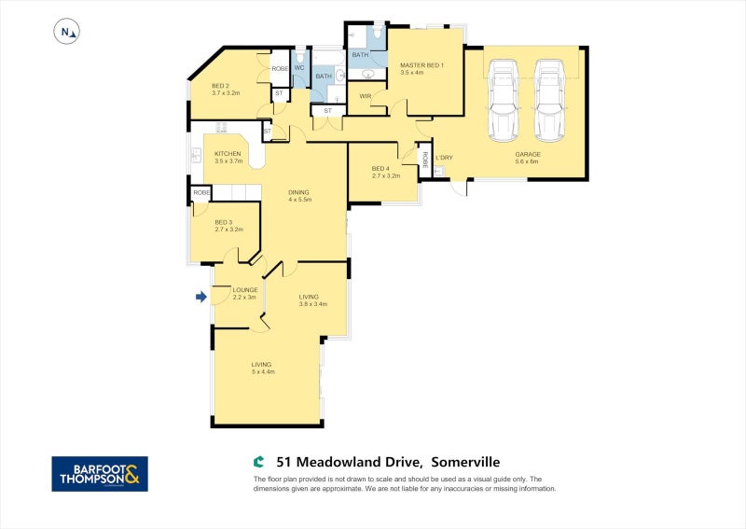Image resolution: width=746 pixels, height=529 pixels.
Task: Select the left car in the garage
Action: tap(504, 100)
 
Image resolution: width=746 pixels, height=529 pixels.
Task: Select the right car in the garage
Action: tap(549, 100)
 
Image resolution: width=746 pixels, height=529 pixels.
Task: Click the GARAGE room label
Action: tap(528, 155)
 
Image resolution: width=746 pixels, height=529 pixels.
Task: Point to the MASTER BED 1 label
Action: tap(422, 65)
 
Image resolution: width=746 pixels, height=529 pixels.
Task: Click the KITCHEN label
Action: tap(228, 154)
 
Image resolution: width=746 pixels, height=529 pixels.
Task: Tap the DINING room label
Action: tap(299, 192)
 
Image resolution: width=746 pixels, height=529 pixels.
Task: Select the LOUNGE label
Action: tap(233, 290)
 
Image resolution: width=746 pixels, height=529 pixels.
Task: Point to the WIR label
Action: tap(366, 95)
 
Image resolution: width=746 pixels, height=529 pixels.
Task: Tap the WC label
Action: tap(299, 68)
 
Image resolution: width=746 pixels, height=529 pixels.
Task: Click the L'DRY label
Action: tap(445, 157)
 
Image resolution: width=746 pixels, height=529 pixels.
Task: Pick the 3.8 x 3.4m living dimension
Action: tap(313, 304)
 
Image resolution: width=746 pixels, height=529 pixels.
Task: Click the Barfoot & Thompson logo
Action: tap(99, 474)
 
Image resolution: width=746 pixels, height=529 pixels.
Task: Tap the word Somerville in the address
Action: tap(465, 462)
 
